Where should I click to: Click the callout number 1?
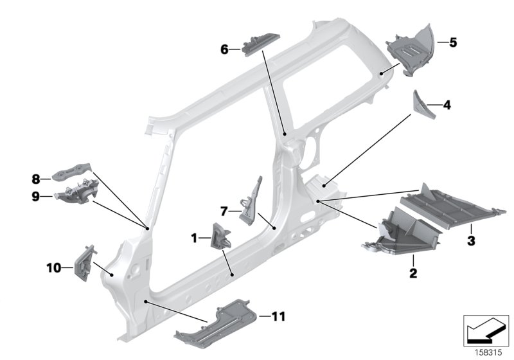click(193, 238)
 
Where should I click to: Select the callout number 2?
click(413, 274)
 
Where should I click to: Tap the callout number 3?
click(471, 241)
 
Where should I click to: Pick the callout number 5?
click(453, 43)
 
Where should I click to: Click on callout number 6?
click(225, 48)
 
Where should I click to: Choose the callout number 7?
click(224, 210)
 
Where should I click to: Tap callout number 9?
click(36, 196)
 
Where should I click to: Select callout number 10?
click(52, 266)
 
